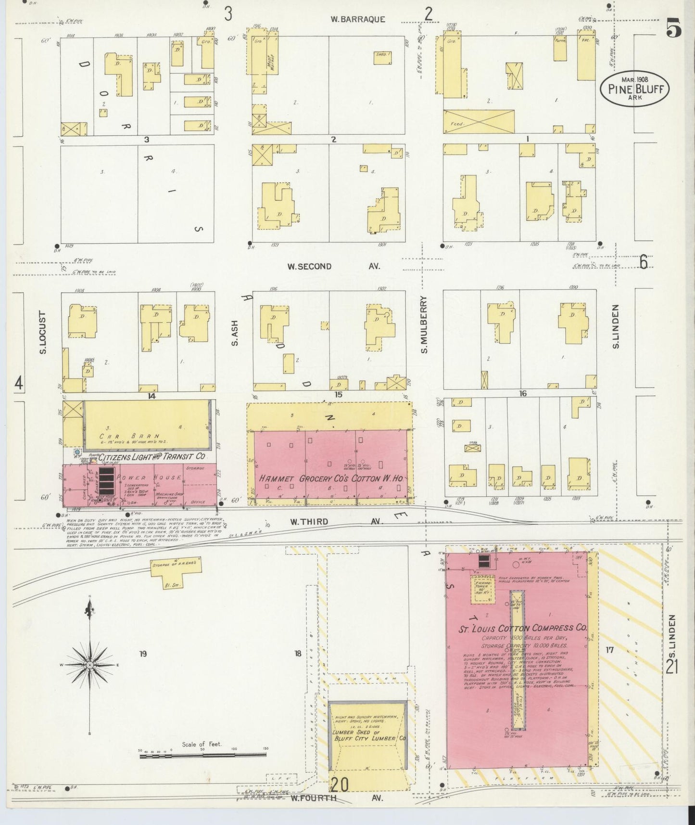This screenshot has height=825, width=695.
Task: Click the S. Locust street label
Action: click(43, 333)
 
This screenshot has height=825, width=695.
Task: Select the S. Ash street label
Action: click(235, 334)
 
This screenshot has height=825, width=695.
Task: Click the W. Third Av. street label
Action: click(334, 522)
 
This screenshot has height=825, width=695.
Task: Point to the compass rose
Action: click(90, 665)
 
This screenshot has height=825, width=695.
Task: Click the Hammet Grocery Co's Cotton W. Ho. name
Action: click(330, 479)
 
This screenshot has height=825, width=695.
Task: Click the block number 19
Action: click(142, 653)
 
